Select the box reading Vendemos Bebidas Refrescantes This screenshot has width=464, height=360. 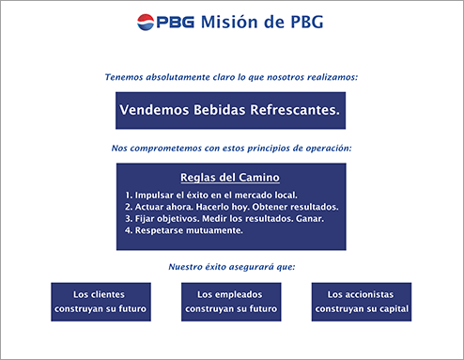pos(230,110)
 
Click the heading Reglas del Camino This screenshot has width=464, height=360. pos(229,177)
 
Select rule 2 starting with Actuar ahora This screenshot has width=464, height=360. pos(231,207)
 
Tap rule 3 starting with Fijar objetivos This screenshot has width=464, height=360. pos(224,218)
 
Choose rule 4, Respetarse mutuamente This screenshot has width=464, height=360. pos(184,230)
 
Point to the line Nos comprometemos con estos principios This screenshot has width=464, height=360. pos(231,149)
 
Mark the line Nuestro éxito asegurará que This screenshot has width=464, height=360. pos(231,267)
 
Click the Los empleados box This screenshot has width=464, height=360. pos(230,301)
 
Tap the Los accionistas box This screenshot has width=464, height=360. pos(362,301)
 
